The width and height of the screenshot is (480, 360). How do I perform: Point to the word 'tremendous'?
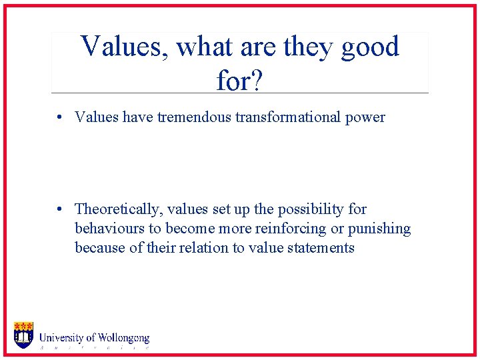point(195,117)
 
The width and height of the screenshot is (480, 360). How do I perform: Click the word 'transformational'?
point(289,117)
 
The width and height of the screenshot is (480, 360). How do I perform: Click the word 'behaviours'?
point(107,229)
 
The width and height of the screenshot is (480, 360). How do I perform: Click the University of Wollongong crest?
point(23,335)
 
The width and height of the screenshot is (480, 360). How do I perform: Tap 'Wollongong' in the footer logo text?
point(123,338)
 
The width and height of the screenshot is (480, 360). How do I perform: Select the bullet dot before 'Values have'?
point(60,118)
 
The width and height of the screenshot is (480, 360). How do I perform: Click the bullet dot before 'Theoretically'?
point(60,210)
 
